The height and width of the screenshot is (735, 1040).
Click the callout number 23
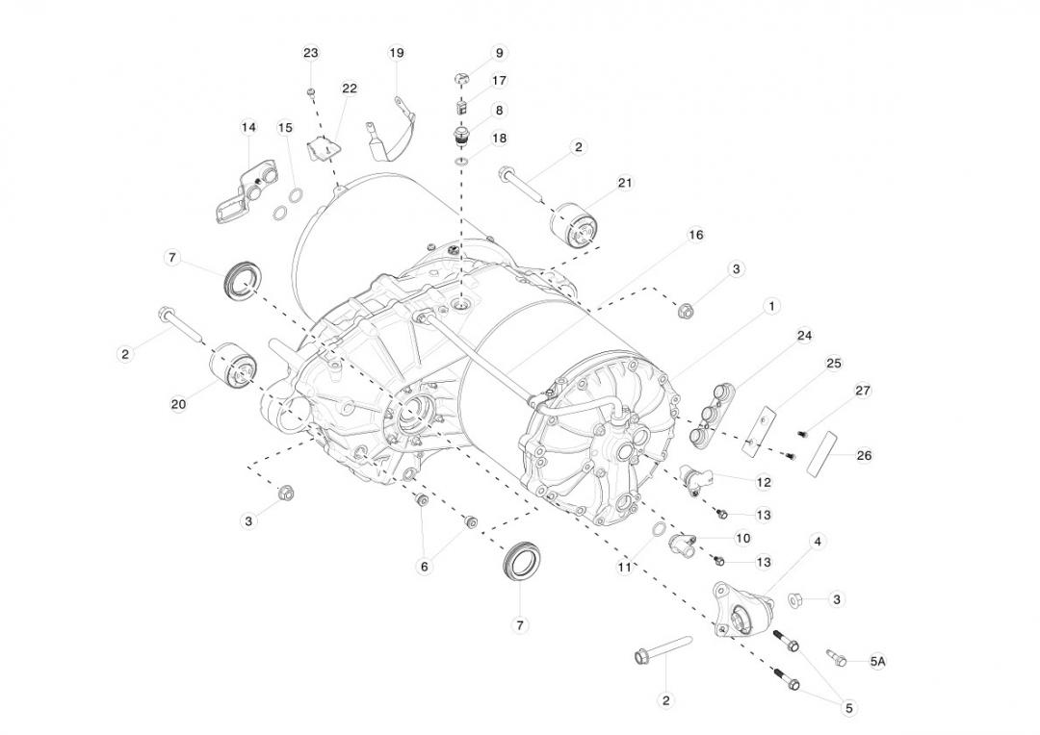click(x=310, y=53)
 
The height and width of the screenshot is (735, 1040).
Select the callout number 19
click(x=397, y=53)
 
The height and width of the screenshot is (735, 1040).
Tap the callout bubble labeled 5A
click(x=877, y=662)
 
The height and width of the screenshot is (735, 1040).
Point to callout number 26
click(x=864, y=455)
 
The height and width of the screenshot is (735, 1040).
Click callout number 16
click(x=695, y=235)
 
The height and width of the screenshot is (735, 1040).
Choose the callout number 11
click(x=625, y=567)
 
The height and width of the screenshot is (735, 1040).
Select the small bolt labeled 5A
click(x=836, y=658)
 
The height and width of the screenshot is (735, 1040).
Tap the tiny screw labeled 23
click(x=311, y=91)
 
